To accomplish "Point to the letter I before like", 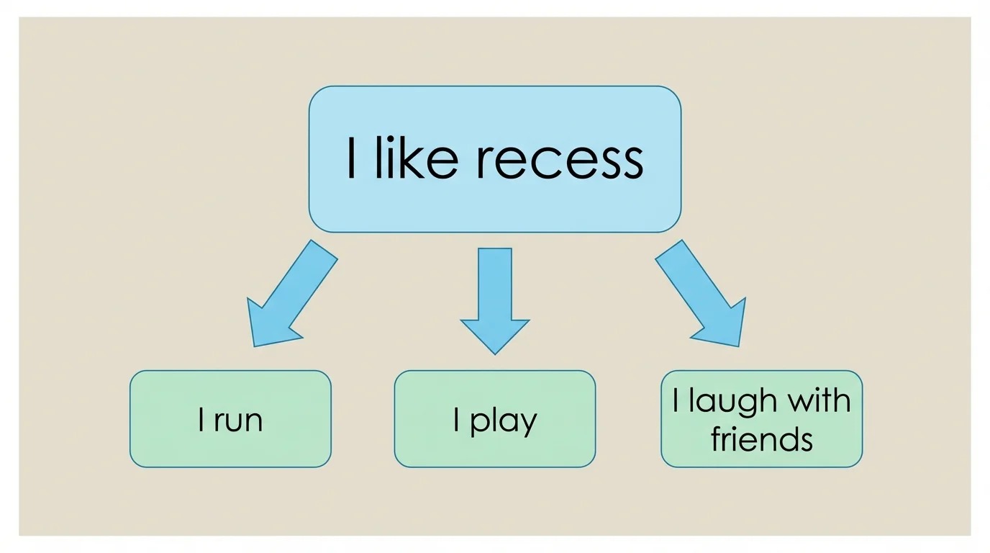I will pos(351,160).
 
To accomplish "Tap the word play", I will pos(504,421).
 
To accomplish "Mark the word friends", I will pos(762,439).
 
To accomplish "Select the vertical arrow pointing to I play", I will pos(494,288).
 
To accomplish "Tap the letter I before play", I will pos(457,420).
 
